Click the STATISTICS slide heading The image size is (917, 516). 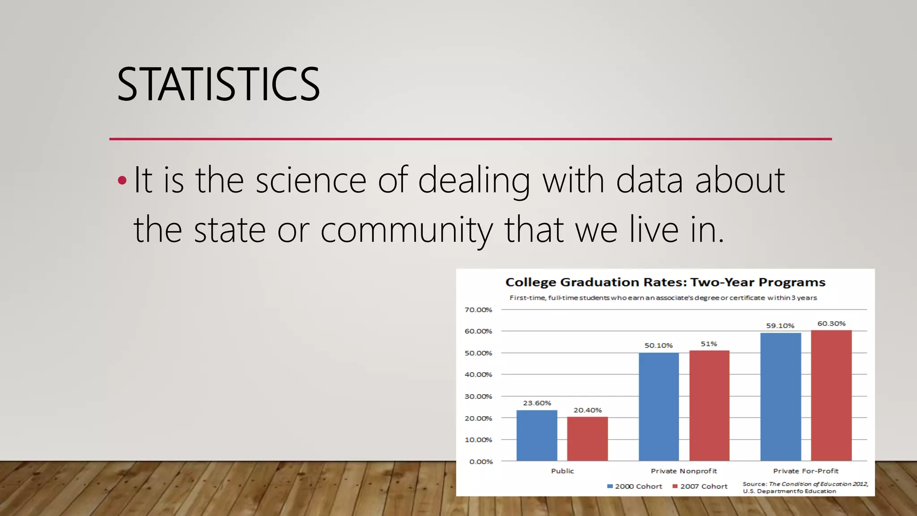coord(218,84)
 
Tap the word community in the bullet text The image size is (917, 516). coord(406,230)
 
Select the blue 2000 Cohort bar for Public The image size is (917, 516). coord(537,435)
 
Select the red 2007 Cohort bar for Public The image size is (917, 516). coord(587,439)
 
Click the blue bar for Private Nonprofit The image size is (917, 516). coord(659,407)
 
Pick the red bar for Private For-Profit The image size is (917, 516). coord(831,396)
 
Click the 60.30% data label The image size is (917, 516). coord(831,323)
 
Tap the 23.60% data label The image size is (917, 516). coord(537,403)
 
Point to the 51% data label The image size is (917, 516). coord(709,344)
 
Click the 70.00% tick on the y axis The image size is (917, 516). coord(478,310)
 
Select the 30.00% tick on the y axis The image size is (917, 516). coord(478,396)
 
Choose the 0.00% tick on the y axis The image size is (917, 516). coord(481,462)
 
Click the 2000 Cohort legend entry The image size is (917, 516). coord(634,486)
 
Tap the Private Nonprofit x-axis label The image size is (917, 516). coord(684,471)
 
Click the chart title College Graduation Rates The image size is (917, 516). coord(665,282)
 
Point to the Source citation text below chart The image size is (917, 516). coord(805,487)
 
